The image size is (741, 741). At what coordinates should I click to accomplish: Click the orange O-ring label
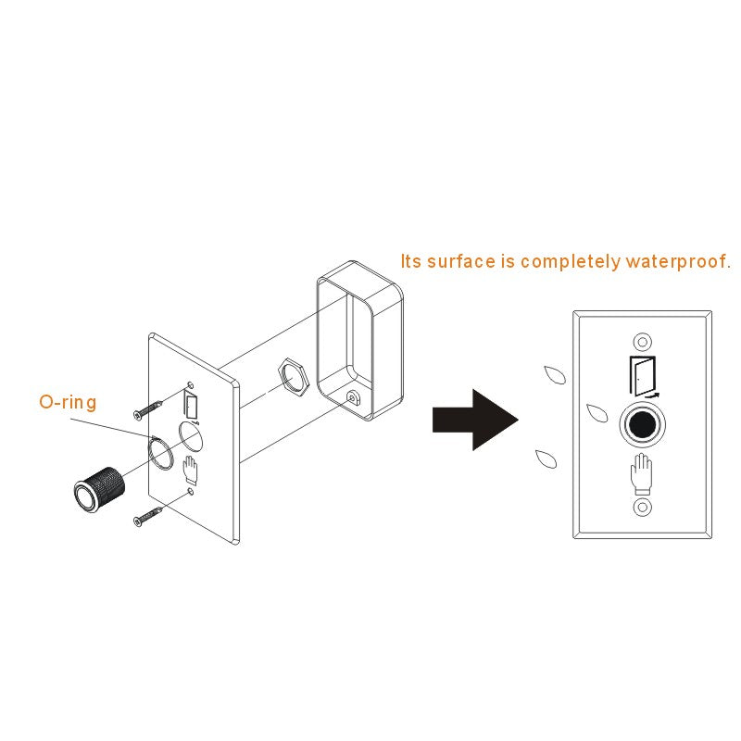[x=68, y=402]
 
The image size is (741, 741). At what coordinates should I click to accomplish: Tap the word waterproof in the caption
[x=678, y=261]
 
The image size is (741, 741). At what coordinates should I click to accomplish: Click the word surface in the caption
[x=461, y=261]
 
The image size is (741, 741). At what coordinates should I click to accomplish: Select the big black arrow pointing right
[x=475, y=420]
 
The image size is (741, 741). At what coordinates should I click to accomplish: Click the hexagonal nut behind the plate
[x=293, y=377]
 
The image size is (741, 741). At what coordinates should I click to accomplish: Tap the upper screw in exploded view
[x=148, y=409]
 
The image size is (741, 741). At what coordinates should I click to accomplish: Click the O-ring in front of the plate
[x=150, y=454]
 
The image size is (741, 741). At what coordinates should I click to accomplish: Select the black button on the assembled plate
[x=642, y=424]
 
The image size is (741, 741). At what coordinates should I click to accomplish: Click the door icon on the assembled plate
[x=643, y=376]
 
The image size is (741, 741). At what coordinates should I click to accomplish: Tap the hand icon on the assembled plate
[x=641, y=473]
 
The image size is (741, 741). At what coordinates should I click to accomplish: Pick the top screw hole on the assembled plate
[x=642, y=341]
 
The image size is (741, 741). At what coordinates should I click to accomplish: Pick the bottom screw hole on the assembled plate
[x=642, y=508]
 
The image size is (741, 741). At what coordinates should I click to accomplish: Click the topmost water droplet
[x=555, y=375]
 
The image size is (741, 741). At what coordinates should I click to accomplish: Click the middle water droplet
[x=597, y=413]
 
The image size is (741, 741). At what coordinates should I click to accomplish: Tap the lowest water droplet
[x=546, y=458]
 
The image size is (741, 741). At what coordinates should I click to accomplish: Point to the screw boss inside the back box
[x=352, y=397]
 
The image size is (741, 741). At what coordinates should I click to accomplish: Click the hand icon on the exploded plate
[x=190, y=471]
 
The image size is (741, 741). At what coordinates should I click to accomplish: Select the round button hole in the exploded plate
[x=191, y=435]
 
